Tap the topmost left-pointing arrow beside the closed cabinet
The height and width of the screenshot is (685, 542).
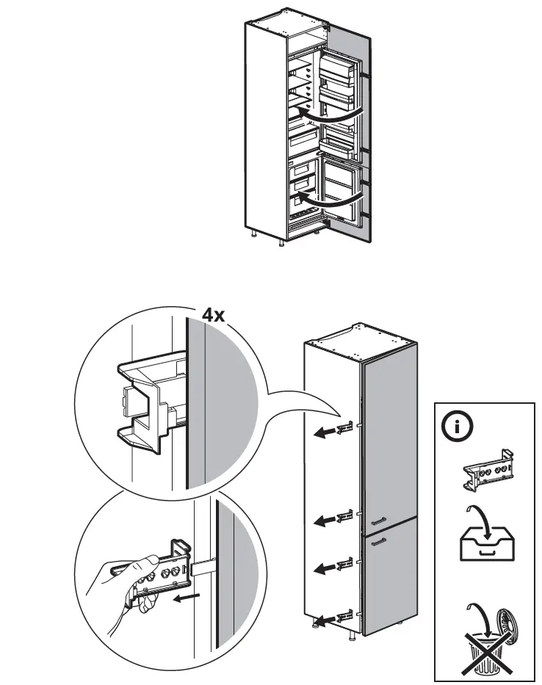pos(323,433)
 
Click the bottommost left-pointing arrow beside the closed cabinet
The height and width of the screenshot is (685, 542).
pos(323,618)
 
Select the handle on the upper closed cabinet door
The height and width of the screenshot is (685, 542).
pos(378,520)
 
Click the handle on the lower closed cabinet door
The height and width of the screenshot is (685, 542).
pos(378,542)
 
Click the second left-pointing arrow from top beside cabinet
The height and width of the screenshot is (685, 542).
pos(323,521)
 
